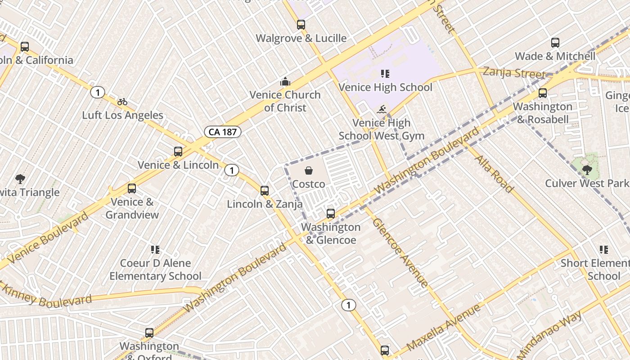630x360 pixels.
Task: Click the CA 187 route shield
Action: pyautogui.click(x=223, y=132)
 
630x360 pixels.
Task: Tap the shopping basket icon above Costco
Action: pyautogui.click(x=309, y=171)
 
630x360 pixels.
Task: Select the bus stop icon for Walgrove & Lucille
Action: pyautogui.click(x=301, y=25)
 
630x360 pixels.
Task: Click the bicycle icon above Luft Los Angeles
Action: pyautogui.click(x=122, y=102)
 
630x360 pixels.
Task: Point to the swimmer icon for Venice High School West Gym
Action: pyautogui.click(x=382, y=109)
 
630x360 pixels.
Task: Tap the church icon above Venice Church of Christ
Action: pyautogui.click(x=285, y=81)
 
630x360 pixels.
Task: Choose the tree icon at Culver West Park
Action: pyautogui.click(x=587, y=170)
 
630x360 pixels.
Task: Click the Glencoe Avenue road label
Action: pyautogui.click(x=400, y=253)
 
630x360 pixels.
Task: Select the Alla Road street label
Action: pyautogui.click(x=494, y=174)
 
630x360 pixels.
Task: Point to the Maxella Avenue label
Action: pyautogui.click(x=443, y=327)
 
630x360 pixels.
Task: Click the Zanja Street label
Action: pyautogui.click(x=513, y=72)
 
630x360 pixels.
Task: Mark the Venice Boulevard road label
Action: pyautogui.click(x=48, y=238)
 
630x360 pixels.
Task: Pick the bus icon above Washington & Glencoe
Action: pyautogui.click(x=331, y=213)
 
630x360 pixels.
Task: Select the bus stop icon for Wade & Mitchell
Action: pyautogui.click(x=555, y=43)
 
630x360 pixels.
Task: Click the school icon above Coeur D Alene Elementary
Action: pyautogui.click(x=155, y=249)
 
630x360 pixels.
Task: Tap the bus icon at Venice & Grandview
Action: pyautogui.click(x=132, y=189)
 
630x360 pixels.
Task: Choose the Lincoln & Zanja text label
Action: pyautogui.click(x=265, y=204)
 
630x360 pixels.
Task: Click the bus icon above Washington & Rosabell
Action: pyautogui.click(x=543, y=93)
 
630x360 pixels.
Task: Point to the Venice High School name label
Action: pyautogui.click(x=385, y=87)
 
